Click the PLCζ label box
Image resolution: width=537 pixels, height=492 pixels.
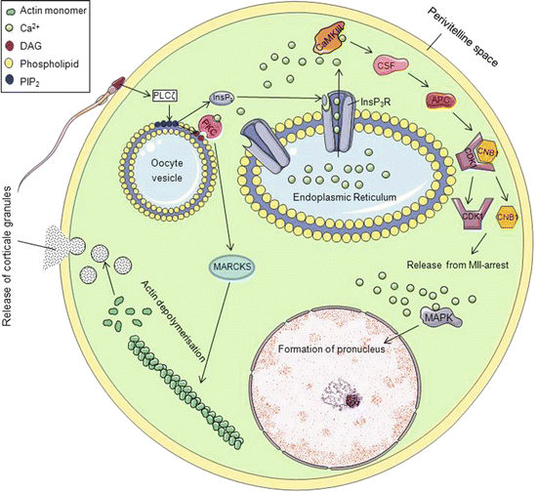coord(165,94)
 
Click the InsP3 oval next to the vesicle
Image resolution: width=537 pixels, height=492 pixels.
coord(222,98)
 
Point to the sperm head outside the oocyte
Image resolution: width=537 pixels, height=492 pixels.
coord(122,78)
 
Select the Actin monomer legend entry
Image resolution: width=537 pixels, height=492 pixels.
coord(56,11)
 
